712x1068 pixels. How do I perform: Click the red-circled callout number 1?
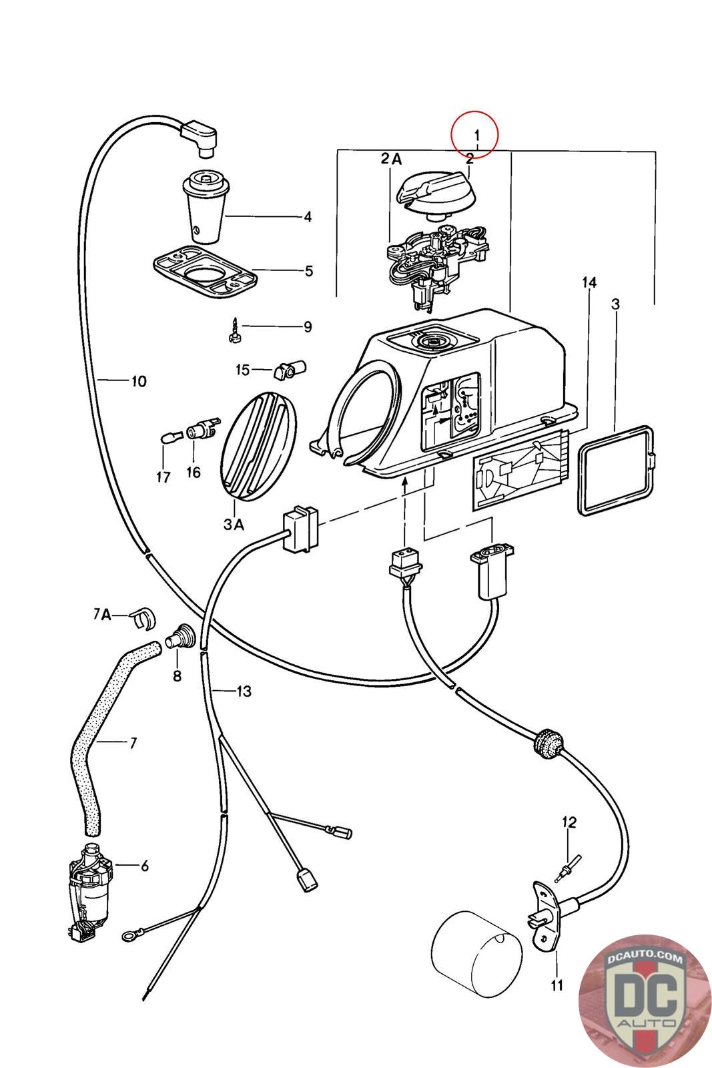[x=477, y=136]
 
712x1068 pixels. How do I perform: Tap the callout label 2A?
[x=391, y=160]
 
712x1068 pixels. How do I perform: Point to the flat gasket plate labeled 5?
[x=206, y=272]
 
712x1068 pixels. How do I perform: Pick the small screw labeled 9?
[x=234, y=330]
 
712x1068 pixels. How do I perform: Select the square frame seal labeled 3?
[x=616, y=470]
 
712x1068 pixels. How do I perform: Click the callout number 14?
[x=589, y=283]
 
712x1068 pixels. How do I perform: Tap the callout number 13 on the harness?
[x=244, y=692]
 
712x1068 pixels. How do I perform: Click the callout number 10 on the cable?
[x=139, y=381]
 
